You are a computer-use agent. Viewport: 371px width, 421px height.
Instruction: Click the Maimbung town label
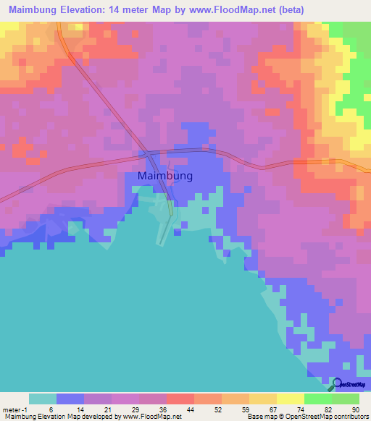(164, 176)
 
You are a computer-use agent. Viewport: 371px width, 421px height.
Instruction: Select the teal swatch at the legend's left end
(43, 399)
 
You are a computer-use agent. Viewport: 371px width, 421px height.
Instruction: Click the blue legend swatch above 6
(70, 399)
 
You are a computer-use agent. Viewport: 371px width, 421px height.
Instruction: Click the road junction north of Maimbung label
(149, 154)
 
